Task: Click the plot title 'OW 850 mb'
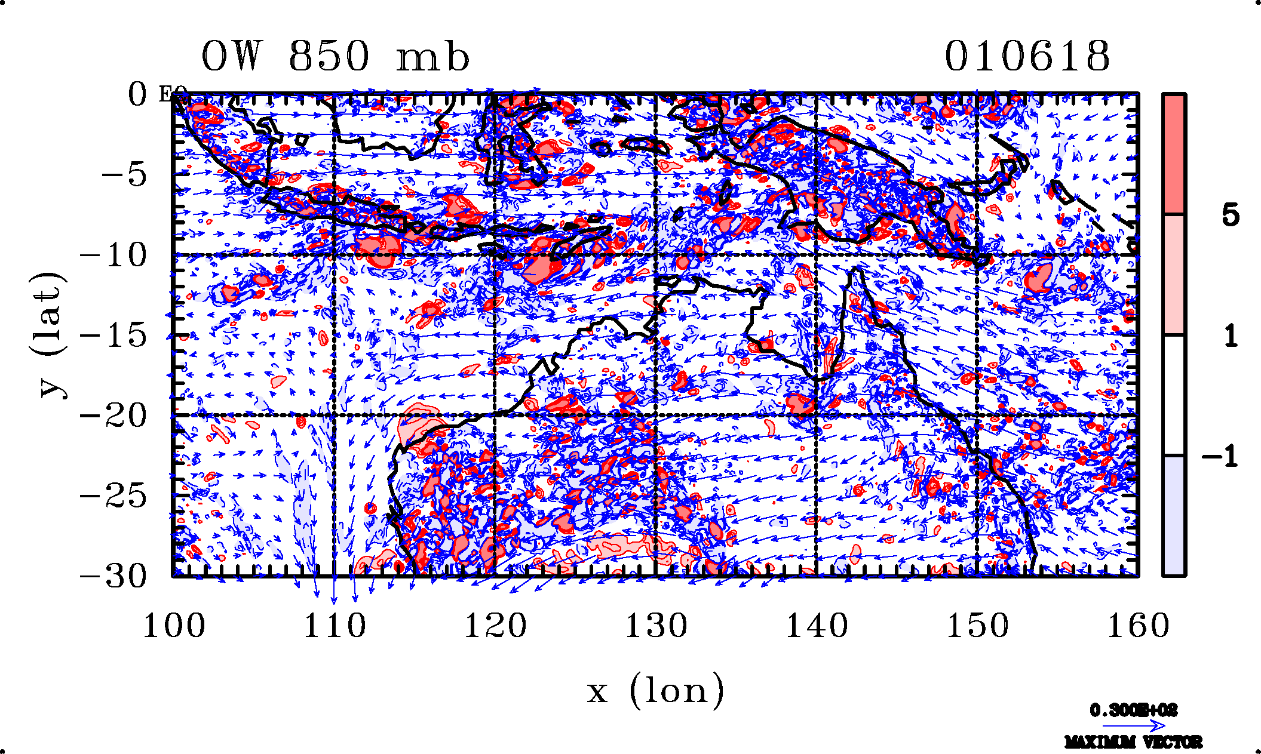click(x=335, y=57)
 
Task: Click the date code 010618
click(x=1027, y=57)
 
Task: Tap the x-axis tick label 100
click(x=174, y=626)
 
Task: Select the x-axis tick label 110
click(x=335, y=626)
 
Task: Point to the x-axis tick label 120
click(x=495, y=626)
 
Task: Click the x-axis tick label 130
click(x=656, y=626)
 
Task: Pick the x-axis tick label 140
click(x=817, y=626)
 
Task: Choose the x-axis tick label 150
click(x=977, y=626)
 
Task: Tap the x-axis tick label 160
click(x=1138, y=626)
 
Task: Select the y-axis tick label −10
click(x=113, y=256)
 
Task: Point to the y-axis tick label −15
click(x=113, y=336)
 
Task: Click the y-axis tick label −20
click(x=113, y=416)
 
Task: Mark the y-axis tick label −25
click(x=113, y=496)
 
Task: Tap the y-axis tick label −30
click(x=113, y=576)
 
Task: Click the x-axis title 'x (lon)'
click(x=655, y=691)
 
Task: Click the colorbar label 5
click(x=1231, y=215)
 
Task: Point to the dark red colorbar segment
click(x=1174, y=154)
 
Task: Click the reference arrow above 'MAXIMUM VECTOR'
click(x=1133, y=726)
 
